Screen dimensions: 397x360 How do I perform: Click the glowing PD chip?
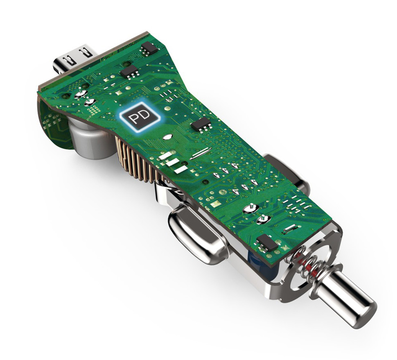(x=140, y=116)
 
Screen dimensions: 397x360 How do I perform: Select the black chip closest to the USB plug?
(x=149, y=48)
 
